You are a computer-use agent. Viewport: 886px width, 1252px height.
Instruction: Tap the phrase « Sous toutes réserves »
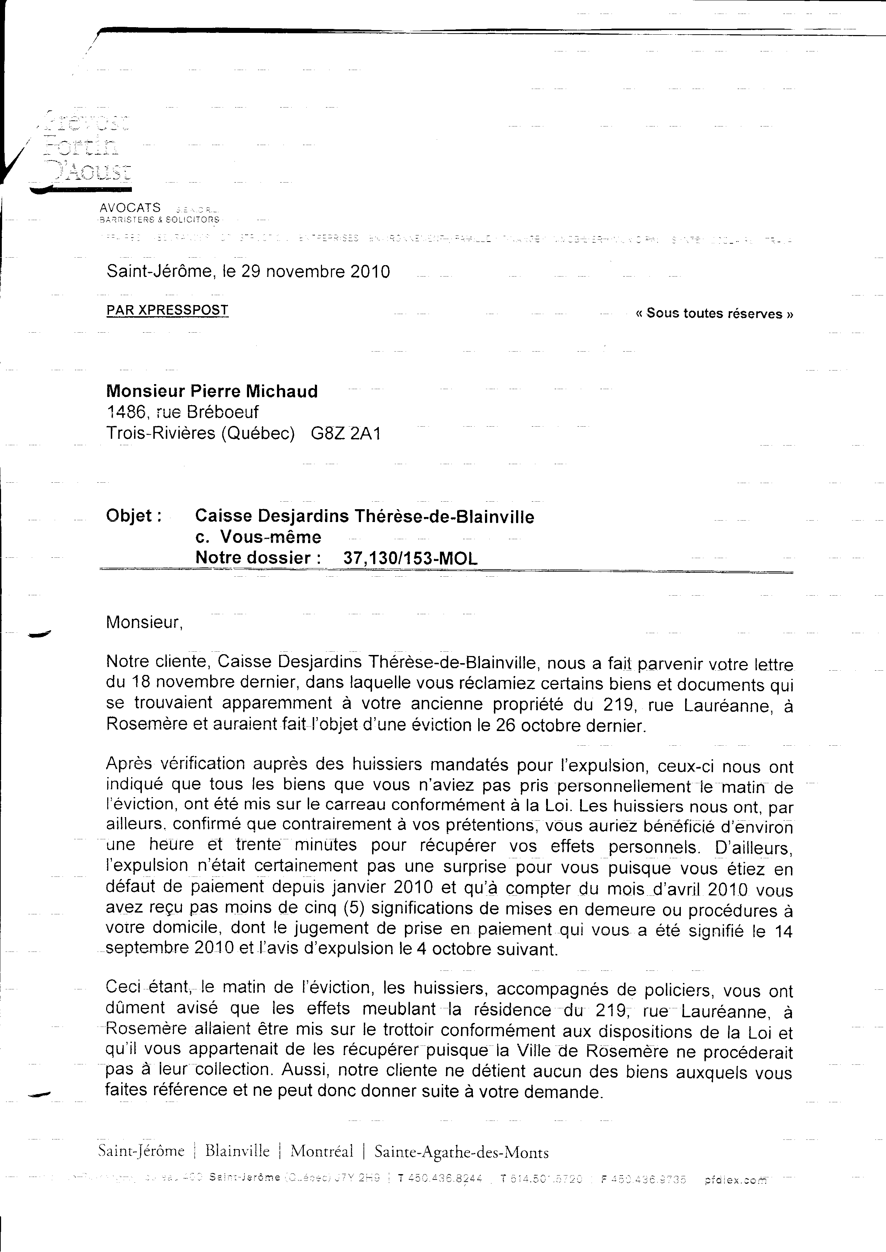(714, 314)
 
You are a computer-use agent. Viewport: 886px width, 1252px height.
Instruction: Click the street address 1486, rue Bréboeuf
(182, 412)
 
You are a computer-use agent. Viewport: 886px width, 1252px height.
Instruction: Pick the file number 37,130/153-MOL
(410, 558)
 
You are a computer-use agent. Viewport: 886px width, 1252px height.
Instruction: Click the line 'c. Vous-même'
(258, 537)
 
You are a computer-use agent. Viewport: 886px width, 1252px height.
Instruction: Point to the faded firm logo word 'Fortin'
(82, 145)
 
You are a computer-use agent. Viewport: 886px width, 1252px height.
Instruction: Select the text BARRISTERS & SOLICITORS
(159, 220)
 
